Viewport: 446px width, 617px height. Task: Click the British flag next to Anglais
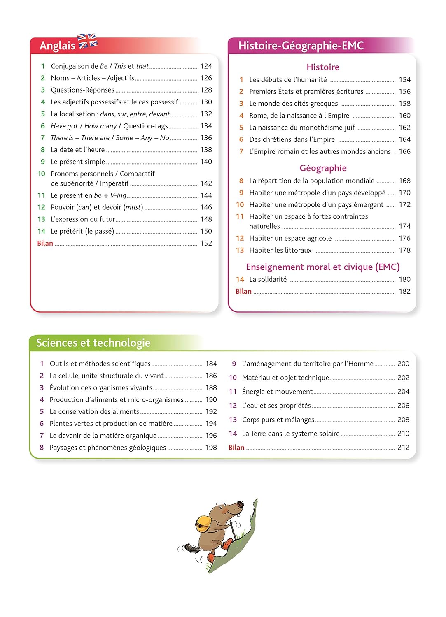[x=88, y=41]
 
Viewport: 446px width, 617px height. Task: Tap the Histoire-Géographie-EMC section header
[x=301, y=46]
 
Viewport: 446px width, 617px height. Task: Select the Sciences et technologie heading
[x=93, y=343]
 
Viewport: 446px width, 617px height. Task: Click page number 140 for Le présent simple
[x=206, y=162]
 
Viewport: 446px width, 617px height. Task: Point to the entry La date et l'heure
[x=77, y=150]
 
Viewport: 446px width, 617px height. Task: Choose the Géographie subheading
[x=323, y=168]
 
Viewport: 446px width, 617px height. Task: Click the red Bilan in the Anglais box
[x=45, y=243]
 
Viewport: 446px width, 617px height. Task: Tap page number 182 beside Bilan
[x=404, y=291]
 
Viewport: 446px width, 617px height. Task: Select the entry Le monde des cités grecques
[x=293, y=104]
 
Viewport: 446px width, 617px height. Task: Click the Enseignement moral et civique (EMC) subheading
[x=323, y=267]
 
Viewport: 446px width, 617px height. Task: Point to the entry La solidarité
[x=268, y=279]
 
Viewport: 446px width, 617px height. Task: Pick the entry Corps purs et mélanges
[x=278, y=420]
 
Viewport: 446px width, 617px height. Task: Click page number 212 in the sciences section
[x=403, y=448]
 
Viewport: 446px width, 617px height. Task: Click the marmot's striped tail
[x=190, y=548]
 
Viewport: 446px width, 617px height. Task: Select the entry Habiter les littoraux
[x=280, y=250]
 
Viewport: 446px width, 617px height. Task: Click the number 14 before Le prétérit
[x=41, y=231]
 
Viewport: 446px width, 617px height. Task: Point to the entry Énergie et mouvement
[x=277, y=392]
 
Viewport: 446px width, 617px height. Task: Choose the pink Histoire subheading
[x=323, y=67]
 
